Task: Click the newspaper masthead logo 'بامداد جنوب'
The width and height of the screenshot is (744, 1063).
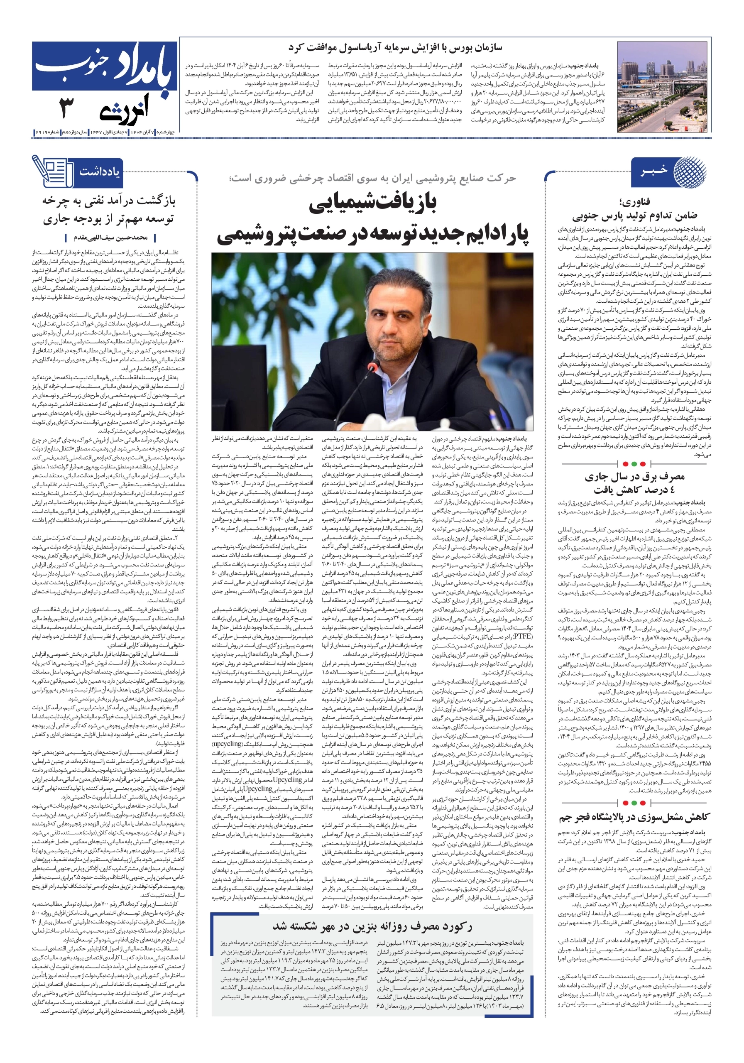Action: tap(105, 66)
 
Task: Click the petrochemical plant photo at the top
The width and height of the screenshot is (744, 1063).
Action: tap(664, 87)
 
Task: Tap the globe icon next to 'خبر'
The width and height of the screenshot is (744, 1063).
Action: tap(689, 172)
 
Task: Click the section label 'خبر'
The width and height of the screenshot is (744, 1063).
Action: tap(654, 171)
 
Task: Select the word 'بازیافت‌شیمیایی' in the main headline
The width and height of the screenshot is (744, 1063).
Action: tap(373, 204)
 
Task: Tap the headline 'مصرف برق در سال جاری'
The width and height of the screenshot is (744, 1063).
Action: tap(634, 476)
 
